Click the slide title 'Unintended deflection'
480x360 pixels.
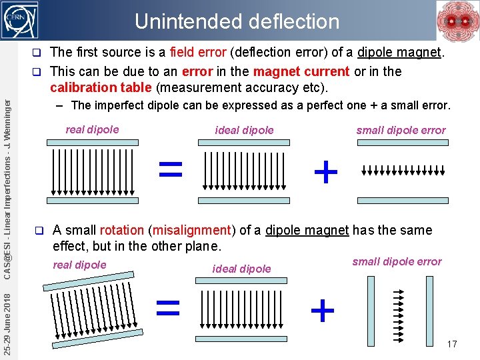click(x=237, y=21)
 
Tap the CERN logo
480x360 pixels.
click(x=21, y=20)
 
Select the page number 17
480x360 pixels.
click(x=452, y=344)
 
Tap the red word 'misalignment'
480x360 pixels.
click(x=191, y=230)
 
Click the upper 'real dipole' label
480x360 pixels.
click(x=92, y=129)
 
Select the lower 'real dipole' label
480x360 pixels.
click(x=79, y=265)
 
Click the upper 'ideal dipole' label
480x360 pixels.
click(x=244, y=130)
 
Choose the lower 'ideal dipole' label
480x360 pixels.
click(x=241, y=269)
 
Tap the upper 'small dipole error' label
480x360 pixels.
click(x=401, y=130)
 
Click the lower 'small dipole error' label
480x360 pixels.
click(x=397, y=261)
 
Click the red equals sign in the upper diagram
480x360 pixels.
click(x=170, y=168)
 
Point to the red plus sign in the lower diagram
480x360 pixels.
click(x=323, y=310)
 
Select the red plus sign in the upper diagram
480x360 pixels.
click(x=325, y=173)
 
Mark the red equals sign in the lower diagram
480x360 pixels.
click(x=167, y=307)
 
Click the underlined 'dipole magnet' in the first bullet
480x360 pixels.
click(x=399, y=52)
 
